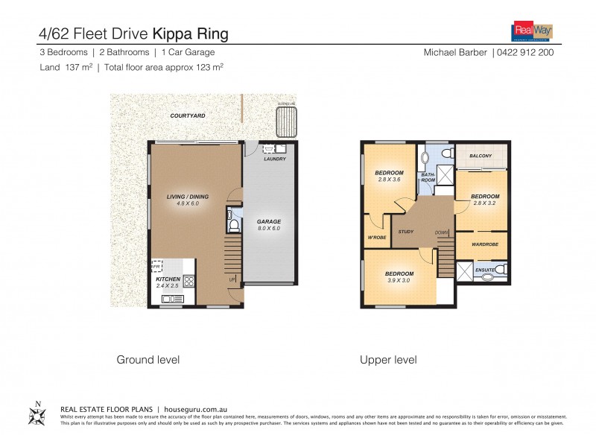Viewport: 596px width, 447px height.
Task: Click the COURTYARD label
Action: coord(188,116)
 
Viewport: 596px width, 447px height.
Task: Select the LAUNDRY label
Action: coord(275,159)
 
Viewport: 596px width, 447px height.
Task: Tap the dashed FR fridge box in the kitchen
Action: coord(157,266)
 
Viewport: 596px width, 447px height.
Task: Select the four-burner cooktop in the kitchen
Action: coord(188,282)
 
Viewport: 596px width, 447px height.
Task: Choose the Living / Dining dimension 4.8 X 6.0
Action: coord(188,203)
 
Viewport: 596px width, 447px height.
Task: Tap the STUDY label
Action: coord(406,232)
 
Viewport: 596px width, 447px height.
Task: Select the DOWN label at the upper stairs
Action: coord(442,232)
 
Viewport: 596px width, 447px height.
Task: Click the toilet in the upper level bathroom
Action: coord(447,153)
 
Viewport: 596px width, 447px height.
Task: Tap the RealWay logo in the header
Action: coord(530,31)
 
